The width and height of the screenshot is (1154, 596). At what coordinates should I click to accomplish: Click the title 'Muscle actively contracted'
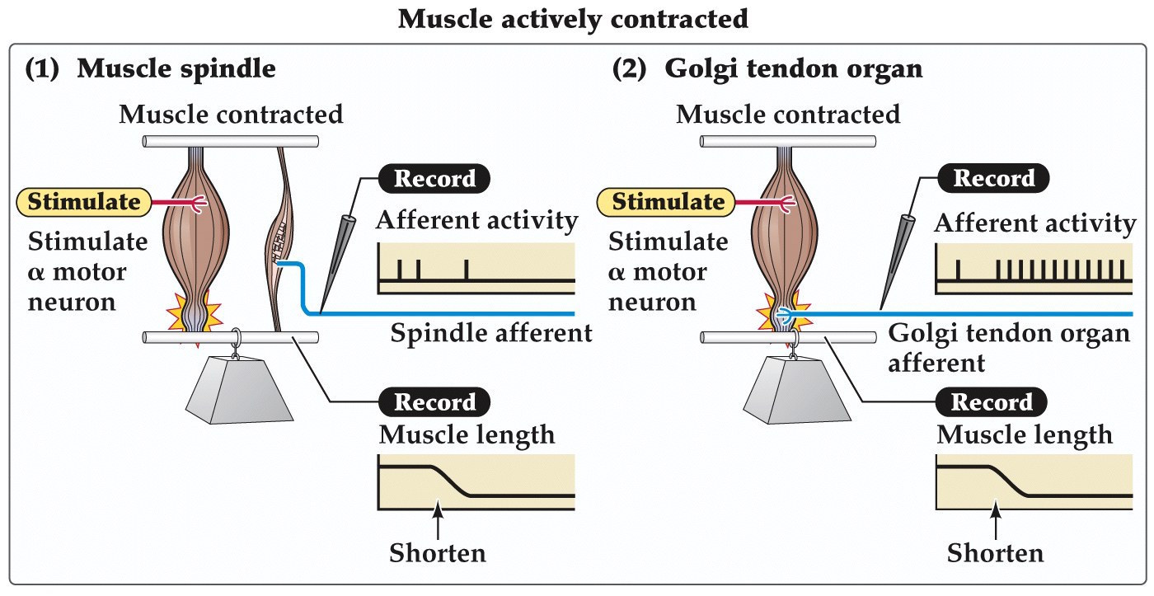click(573, 18)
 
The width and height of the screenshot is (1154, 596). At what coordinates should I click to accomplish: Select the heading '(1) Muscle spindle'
click(150, 68)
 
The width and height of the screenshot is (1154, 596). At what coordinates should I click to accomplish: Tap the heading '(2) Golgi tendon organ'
click(767, 68)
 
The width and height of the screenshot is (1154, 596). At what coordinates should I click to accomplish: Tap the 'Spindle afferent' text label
click(491, 333)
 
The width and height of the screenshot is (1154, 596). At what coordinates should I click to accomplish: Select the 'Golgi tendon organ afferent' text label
click(1009, 346)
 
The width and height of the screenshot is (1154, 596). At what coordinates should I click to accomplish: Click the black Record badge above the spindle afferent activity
click(434, 177)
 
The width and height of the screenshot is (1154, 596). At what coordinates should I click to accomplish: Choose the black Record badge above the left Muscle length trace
click(434, 401)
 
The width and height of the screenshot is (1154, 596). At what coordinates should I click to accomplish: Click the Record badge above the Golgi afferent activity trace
click(992, 177)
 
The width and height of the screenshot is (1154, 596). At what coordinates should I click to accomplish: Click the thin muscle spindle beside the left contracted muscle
click(284, 239)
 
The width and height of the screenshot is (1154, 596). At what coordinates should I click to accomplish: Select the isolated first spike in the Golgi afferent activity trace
click(958, 270)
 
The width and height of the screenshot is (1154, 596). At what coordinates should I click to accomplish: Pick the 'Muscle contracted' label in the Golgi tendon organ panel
click(788, 114)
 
